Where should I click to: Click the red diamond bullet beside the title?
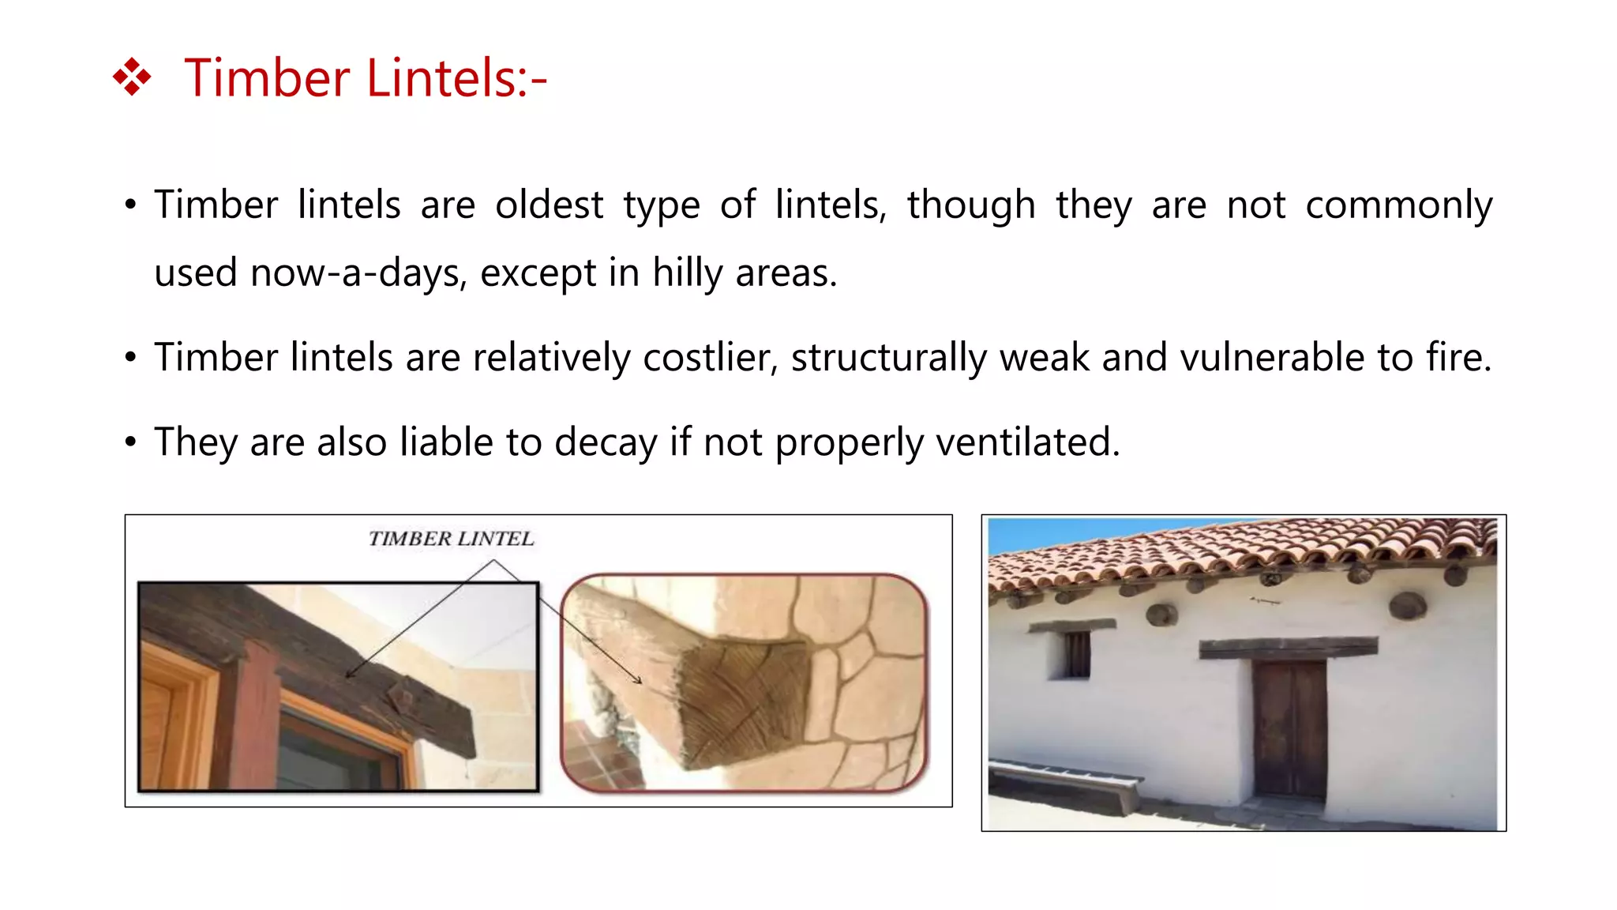click(132, 77)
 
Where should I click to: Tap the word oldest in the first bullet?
click(549, 205)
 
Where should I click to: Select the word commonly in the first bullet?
click(1398, 205)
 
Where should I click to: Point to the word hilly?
click(687, 273)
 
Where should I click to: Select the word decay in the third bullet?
click(606, 442)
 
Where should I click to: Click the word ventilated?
click(1026, 442)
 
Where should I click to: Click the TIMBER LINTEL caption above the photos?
click(451, 539)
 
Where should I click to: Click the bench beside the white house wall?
click(1062, 781)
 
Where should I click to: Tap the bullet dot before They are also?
click(131, 442)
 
